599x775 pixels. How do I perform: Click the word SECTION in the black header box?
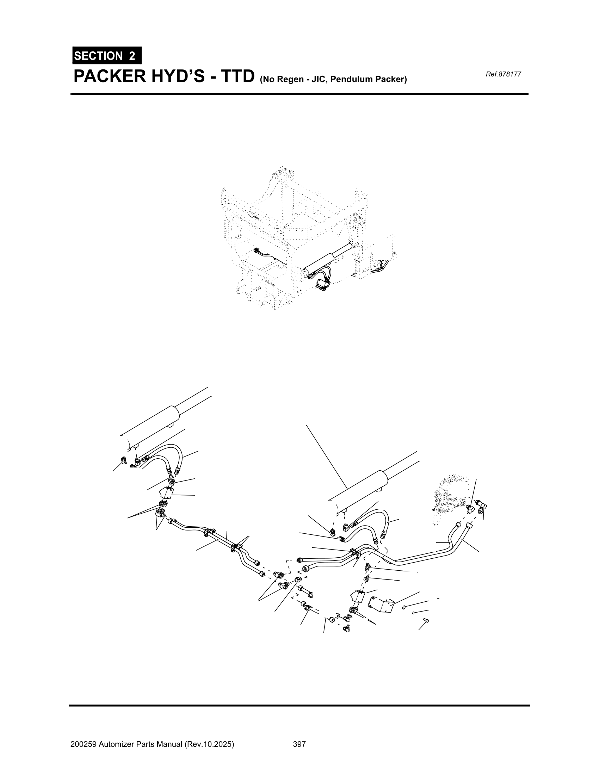(98, 56)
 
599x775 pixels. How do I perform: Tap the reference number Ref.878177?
(503, 74)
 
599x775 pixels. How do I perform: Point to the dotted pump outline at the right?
(450, 498)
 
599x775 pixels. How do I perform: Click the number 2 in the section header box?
(132, 56)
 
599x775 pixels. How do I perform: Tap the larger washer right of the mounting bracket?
(404, 608)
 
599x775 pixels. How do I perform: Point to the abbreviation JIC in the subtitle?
(316, 79)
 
